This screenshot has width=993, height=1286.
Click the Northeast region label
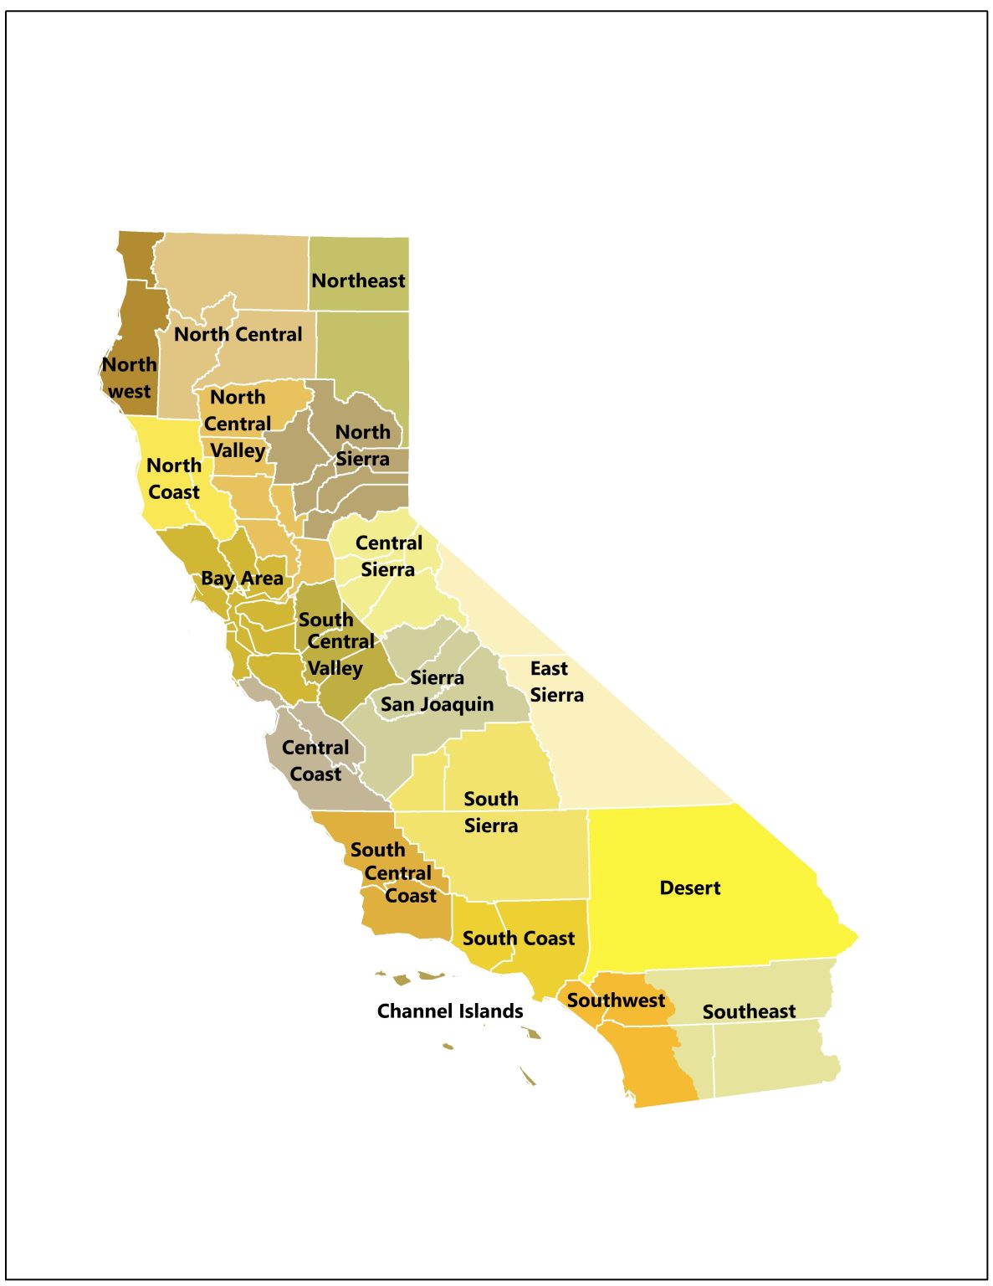tap(358, 280)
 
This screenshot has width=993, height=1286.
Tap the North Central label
tap(238, 334)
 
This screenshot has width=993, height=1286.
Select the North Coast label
tap(174, 478)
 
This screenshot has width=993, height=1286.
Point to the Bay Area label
tap(242, 579)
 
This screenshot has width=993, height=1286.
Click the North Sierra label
tap(363, 445)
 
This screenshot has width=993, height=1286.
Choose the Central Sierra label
tap(388, 556)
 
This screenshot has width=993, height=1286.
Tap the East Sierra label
tap(556, 682)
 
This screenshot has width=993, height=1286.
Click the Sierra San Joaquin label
tap(437, 692)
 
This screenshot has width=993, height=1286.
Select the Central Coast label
tap(315, 760)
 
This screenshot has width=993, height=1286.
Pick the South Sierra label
tap(491, 812)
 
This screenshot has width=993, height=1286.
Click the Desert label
tap(689, 887)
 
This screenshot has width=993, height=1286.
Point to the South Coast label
tap(519, 938)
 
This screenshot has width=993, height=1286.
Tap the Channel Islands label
tap(450, 1011)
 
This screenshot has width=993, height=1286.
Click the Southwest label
tap(616, 1000)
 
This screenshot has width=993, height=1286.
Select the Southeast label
tap(749, 1011)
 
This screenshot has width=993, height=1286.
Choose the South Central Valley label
tap(335, 643)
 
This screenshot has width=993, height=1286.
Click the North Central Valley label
tap(238, 424)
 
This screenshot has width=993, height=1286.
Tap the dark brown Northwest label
tap(130, 378)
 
